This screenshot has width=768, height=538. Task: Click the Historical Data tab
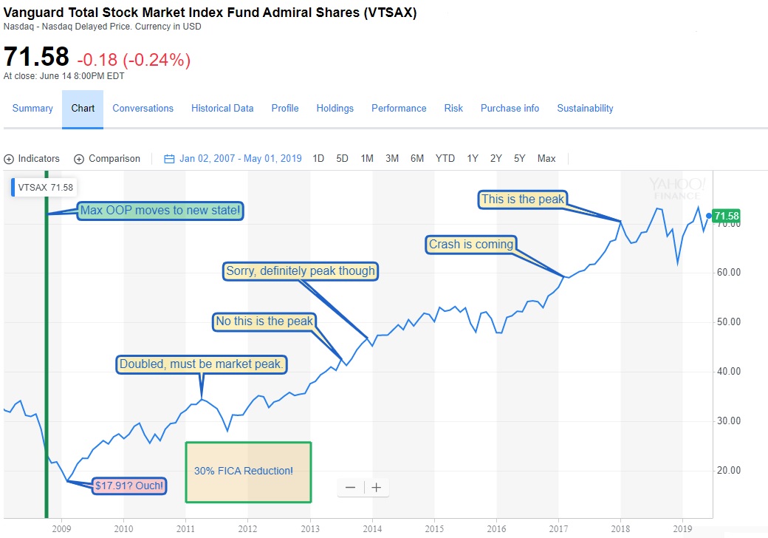click(x=222, y=108)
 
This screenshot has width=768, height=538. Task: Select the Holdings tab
click(x=335, y=108)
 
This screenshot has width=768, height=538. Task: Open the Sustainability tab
click(x=585, y=108)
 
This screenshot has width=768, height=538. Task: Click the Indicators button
click(x=32, y=158)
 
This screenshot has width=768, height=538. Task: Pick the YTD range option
click(x=445, y=158)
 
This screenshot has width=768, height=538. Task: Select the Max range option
click(x=546, y=158)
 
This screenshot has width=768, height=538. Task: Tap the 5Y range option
click(x=520, y=158)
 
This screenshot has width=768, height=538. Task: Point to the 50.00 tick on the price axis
click(x=728, y=321)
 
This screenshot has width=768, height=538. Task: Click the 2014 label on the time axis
click(x=372, y=528)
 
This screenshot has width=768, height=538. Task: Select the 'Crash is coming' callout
click(x=471, y=244)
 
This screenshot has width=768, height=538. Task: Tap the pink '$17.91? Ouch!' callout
click(x=129, y=486)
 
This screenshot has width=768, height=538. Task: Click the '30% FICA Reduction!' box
click(x=248, y=471)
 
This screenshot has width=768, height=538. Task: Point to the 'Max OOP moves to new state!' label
click(x=160, y=211)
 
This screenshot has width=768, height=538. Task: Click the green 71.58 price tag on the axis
click(x=726, y=216)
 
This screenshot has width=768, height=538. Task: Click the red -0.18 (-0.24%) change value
click(x=134, y=60)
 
